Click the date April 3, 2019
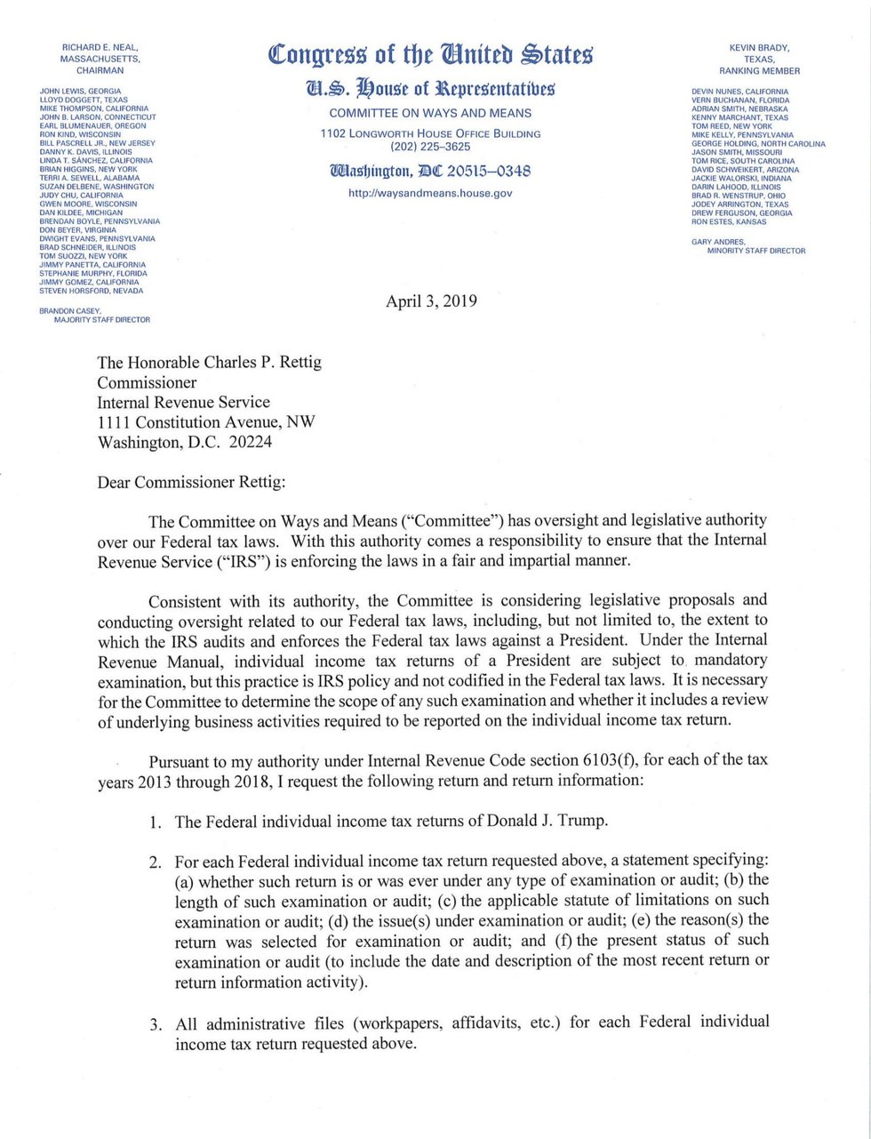(431, 301)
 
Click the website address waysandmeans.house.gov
(430, 193)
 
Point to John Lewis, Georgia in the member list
(81, 92)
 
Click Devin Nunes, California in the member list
(739, 92)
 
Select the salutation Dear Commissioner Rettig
(192, 483)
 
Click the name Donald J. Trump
(547, 820)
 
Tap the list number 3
(156, 1025)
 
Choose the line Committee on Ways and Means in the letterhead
(430, 114)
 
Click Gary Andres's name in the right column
(719, 242)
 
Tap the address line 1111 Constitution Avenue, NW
(206, 422)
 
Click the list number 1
(156, 822)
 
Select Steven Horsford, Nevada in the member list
(92, 291)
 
